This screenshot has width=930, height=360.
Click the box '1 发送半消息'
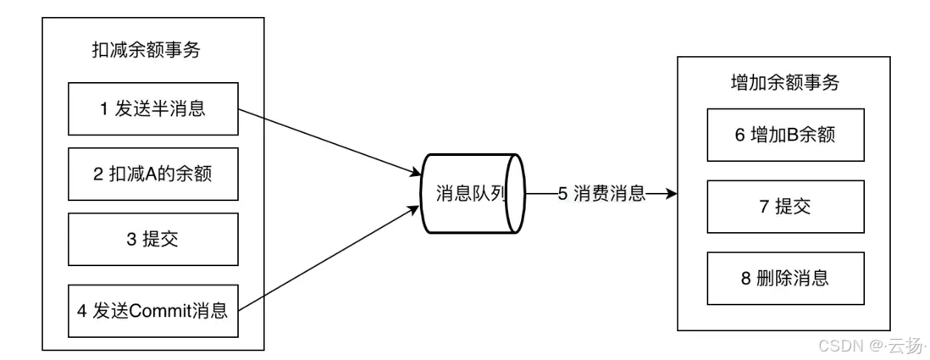pyautogui.click(x=152, y=108)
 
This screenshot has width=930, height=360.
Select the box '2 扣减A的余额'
pyautogui.click(x=152, y=174)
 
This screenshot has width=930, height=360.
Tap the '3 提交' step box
pyautogui.click(x=152, y=240)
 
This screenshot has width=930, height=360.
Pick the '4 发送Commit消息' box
pyautogui.click(x=152, y=310)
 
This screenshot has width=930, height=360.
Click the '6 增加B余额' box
pyautogui.click(x=786, y=136)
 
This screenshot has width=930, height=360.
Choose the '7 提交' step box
pyautogui.click(x=786, y=206)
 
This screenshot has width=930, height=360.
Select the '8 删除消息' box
pyautogui.click(x=786, y=277)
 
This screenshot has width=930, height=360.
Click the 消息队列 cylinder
pyautogui.click(x=471, y=194)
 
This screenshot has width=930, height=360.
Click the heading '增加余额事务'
pyautogui.click(x=784, y=83)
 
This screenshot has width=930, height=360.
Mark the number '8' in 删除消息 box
pyautogui.click(x=746, y=277)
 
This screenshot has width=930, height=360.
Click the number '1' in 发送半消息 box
pyautogui.click(x=103, y=108)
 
